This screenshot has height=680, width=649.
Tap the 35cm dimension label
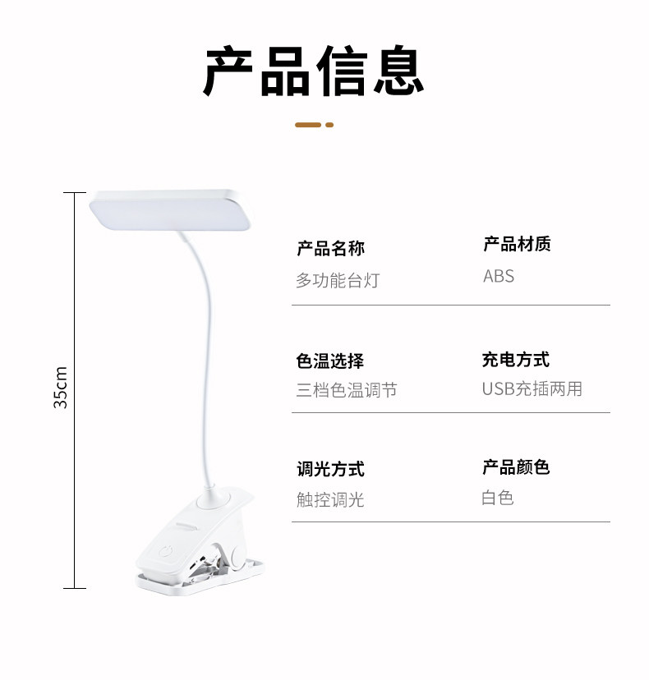point(61,388)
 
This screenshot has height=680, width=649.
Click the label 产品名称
point(330,248)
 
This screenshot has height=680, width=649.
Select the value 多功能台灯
point(338,281)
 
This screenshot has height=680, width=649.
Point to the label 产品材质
point(517,244)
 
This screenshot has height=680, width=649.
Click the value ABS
point(499,277)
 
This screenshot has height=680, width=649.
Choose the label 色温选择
point(330,361)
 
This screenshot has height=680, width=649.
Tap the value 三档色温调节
point(347,390)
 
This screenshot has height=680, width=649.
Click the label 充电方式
point(516,360)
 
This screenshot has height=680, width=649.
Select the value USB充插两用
point(532,389)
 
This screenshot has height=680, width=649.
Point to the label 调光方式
point(330,469)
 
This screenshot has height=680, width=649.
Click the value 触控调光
point(330,499)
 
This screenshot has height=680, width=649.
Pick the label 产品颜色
point(516,467)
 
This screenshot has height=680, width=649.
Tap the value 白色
point(498,498)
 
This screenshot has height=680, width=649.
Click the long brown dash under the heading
point(308,125)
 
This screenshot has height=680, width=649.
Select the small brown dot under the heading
point(329,125)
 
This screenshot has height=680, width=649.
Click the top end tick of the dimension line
point(74,193)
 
